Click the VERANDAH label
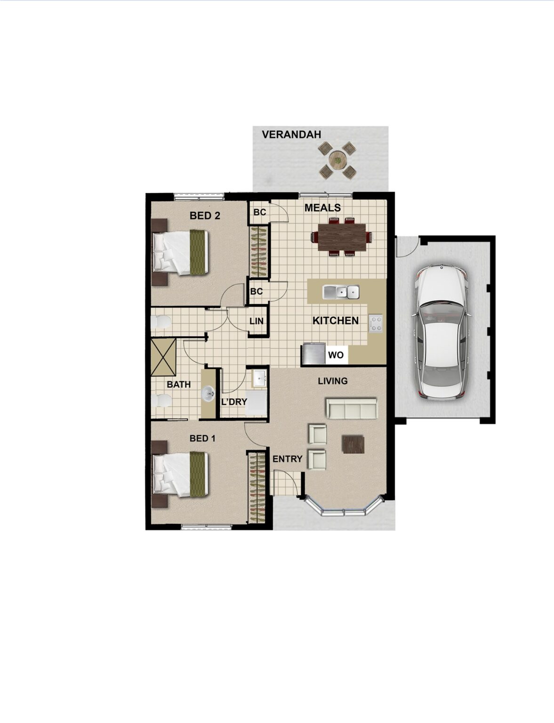[291, 134]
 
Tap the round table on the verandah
[337, 160]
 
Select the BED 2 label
[205, 216]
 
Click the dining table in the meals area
[342, 237]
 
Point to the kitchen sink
[341, 292]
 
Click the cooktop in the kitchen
[376, 323]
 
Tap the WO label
[336, 355]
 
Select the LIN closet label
[257, 321]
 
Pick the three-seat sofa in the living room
[352, 409]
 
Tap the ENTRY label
[287, 458]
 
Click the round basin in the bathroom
[208, 394]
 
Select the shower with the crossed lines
[163, 357]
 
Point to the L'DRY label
[234, 402]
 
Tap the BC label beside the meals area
[260, 212]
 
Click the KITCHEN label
[336, 321]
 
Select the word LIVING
[333, 381]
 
